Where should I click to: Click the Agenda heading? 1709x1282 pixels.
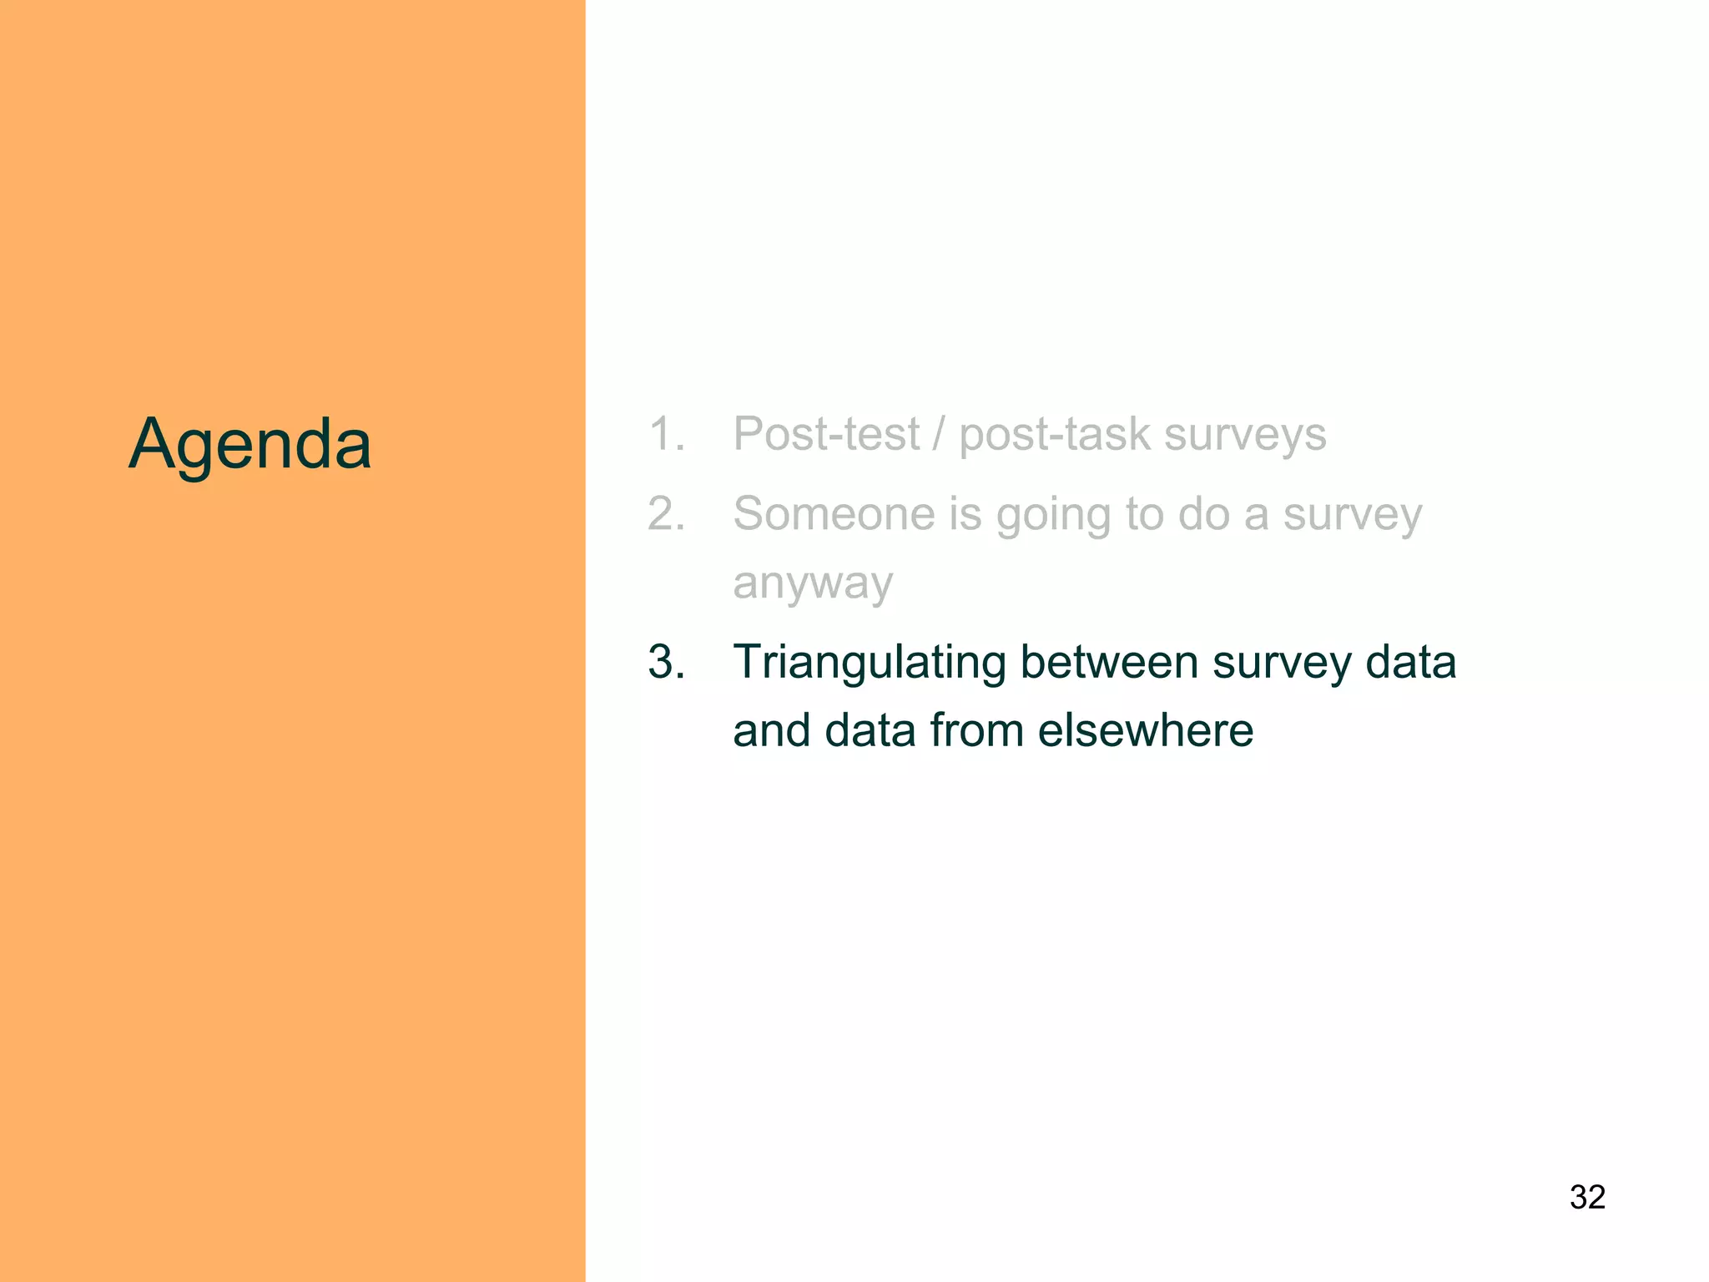tap(250, 444)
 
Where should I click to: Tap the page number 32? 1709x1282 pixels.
tap(1587, 1197)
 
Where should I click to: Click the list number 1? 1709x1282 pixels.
tap(665, 434)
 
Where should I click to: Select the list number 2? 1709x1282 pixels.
tap(665, 513)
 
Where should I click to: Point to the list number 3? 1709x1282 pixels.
tap(665, 662)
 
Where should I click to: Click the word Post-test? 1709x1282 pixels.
tap(826, 434)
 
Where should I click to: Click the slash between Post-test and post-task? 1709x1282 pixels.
tap(940, 434)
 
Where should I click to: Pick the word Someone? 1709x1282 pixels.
tap(834, 513)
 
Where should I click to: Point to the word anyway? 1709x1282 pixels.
tap(813, 583)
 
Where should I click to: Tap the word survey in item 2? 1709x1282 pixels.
tap(1352, 515)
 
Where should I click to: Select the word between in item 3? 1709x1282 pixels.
tap(1109, 662)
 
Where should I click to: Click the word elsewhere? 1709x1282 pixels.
tap(1145, 730)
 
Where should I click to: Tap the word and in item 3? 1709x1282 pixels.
tap(772, 730)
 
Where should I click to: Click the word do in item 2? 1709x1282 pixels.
tap(1203, 513)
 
